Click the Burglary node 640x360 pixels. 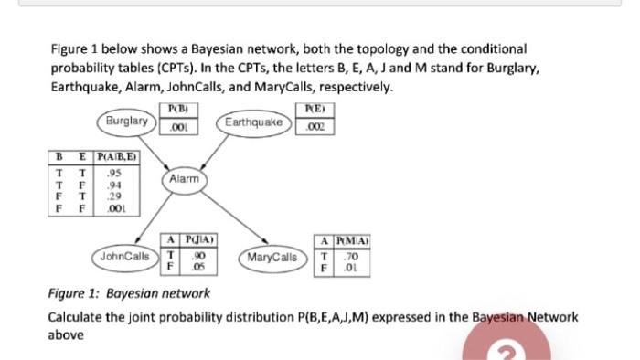click(125, 121)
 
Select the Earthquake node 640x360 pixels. click(250, 121)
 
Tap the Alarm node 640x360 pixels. click(184, 179)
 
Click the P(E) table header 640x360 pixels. click(315, 111)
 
